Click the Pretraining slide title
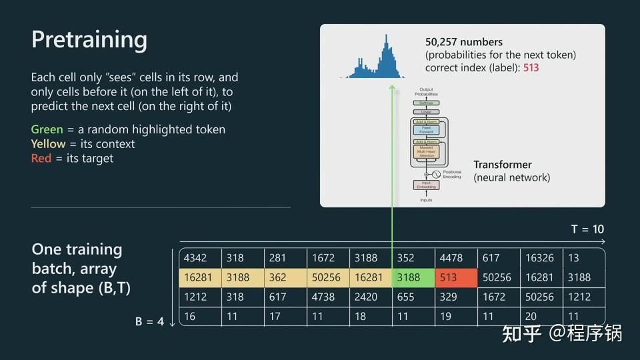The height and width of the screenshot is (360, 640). [x=89, y=40]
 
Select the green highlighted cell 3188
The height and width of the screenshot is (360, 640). [x=413, y=278]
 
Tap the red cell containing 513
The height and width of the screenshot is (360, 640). [x=456, y=278]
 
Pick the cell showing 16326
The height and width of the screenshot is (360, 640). [x=539, y=258]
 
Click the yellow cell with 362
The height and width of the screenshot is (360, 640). [x=285, y=278]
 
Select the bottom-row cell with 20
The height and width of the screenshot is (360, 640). [x=539, y=317]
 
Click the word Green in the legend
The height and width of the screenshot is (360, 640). [x=47, y=129]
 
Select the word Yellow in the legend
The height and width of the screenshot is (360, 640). [x=49, y=144]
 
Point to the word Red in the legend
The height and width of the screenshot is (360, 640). [x=41, y=159]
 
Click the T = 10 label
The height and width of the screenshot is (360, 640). [x=587, y=229]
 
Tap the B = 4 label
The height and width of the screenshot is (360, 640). [x=149, y=321]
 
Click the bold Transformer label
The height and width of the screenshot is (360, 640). [x=503, y=165]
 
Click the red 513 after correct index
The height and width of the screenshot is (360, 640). [x=531, y=67]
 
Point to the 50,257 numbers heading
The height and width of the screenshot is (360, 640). [x=464, y=42]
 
